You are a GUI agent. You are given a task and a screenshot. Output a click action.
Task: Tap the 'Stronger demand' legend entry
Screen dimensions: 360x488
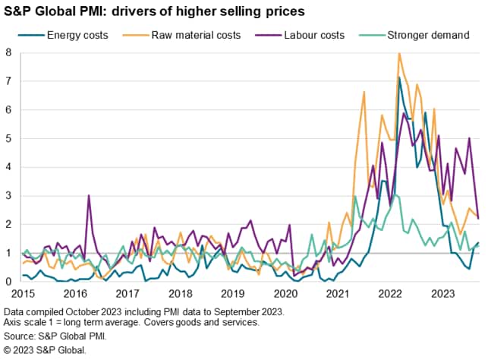[x=430, y=35]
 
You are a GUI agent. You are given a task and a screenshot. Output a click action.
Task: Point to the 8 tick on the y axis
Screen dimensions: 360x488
[x=8, y=52]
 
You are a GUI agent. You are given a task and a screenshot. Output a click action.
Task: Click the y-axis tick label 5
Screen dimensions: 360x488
[x=8, y=138]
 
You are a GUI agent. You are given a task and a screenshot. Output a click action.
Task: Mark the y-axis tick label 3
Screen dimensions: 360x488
[x=8, y=196]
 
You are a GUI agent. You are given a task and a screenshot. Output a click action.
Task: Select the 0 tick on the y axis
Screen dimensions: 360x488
[x=8, y=282]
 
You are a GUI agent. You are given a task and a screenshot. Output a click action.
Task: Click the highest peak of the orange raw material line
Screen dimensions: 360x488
[x=399, y=53]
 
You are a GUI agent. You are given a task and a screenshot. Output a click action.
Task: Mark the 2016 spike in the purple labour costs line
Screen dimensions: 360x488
[x=89, y=195]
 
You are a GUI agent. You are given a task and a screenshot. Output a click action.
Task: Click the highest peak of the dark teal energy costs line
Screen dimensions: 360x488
[x=399, y=77]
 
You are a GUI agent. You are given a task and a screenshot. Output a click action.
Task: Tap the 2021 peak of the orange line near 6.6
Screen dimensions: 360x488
[x=364, y=92]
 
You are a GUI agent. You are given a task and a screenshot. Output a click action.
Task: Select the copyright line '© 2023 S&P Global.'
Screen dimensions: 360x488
[x=45, y=350]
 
